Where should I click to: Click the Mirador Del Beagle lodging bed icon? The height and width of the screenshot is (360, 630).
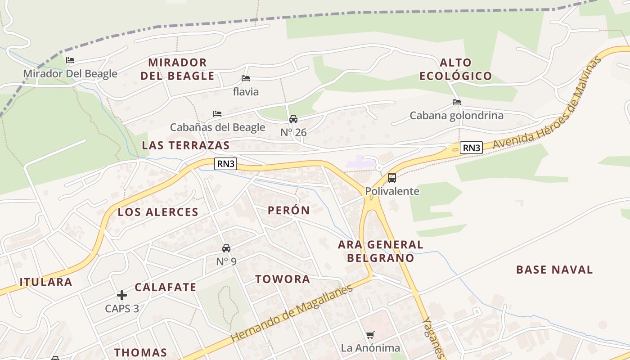70,60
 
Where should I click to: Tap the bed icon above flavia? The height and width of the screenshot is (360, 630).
245,78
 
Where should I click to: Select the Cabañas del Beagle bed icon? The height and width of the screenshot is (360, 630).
217,114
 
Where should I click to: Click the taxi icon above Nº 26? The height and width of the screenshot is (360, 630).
293,119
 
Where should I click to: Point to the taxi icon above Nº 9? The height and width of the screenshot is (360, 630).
226,248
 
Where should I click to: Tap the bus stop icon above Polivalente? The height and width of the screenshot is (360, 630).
392,177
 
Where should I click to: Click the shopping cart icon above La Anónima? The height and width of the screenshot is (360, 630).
370,335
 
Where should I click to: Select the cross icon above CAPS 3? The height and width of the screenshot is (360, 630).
122,295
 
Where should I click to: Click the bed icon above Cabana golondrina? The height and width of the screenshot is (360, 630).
456,102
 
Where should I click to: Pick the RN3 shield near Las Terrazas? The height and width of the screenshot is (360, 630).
226,164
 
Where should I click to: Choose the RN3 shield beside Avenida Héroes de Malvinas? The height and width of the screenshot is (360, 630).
471,148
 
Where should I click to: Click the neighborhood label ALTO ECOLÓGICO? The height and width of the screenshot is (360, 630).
456,69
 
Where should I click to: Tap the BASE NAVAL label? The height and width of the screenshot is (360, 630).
554,270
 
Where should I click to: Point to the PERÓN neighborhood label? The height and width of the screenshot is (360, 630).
288,210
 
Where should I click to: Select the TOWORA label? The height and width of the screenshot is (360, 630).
283,279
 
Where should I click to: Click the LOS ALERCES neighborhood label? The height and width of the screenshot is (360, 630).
158,212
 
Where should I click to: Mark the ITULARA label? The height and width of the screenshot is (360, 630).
46,282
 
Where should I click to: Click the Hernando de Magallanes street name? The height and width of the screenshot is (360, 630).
292,313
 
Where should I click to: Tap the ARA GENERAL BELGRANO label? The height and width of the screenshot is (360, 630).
381,251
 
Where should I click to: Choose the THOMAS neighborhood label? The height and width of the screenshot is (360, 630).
140,352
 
